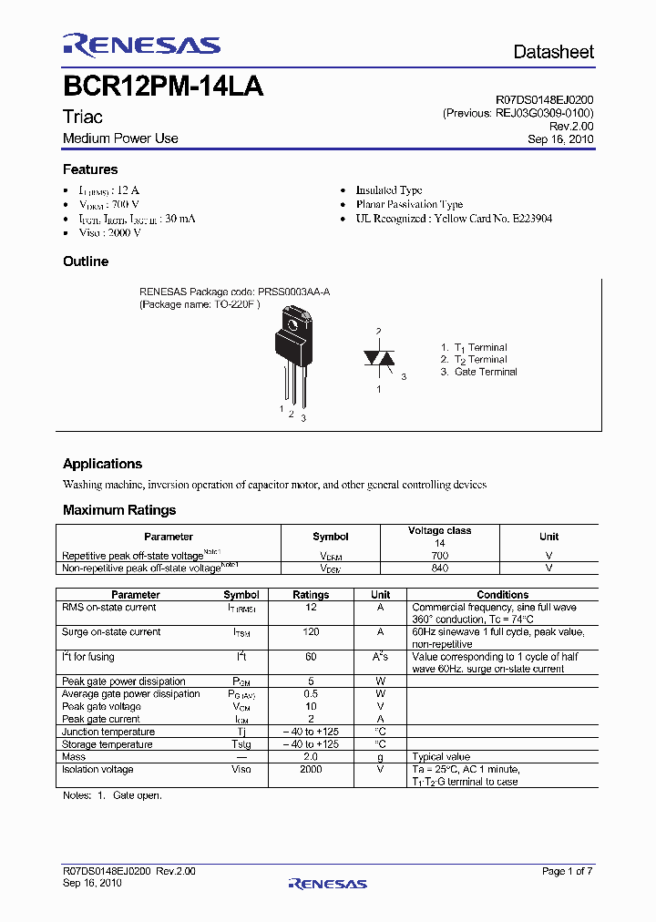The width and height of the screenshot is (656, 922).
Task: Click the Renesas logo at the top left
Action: [141, 46]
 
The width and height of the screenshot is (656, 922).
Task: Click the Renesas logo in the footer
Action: [327, 883]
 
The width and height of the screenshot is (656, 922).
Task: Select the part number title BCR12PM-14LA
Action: [163, 88]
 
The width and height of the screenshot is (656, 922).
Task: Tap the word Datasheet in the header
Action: [553, 52]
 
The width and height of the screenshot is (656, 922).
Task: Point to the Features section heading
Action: [90, 169]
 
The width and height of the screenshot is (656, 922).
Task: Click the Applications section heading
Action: [102, 464]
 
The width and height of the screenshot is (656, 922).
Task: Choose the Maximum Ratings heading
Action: [119, 510]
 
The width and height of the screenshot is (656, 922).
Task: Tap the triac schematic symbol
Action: [379, 358]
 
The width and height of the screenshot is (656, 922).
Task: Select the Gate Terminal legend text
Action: [485, 372]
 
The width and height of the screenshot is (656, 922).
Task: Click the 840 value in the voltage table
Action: [439, 568]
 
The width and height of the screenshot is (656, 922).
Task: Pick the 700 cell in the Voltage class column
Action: [439, 555]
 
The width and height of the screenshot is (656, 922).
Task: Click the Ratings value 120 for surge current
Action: [311, 631]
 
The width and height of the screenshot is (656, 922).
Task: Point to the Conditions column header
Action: [502, 594]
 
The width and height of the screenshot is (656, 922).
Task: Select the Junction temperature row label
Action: [108, 732]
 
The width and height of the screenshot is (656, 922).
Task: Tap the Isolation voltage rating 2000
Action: [311, 769]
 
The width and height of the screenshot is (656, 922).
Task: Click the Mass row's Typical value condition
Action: [441, 756]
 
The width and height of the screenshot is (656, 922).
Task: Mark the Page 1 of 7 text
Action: [567, 871]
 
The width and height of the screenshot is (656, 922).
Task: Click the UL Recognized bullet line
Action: [454, 219]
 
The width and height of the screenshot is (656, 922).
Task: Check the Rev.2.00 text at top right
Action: [574, 127]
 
